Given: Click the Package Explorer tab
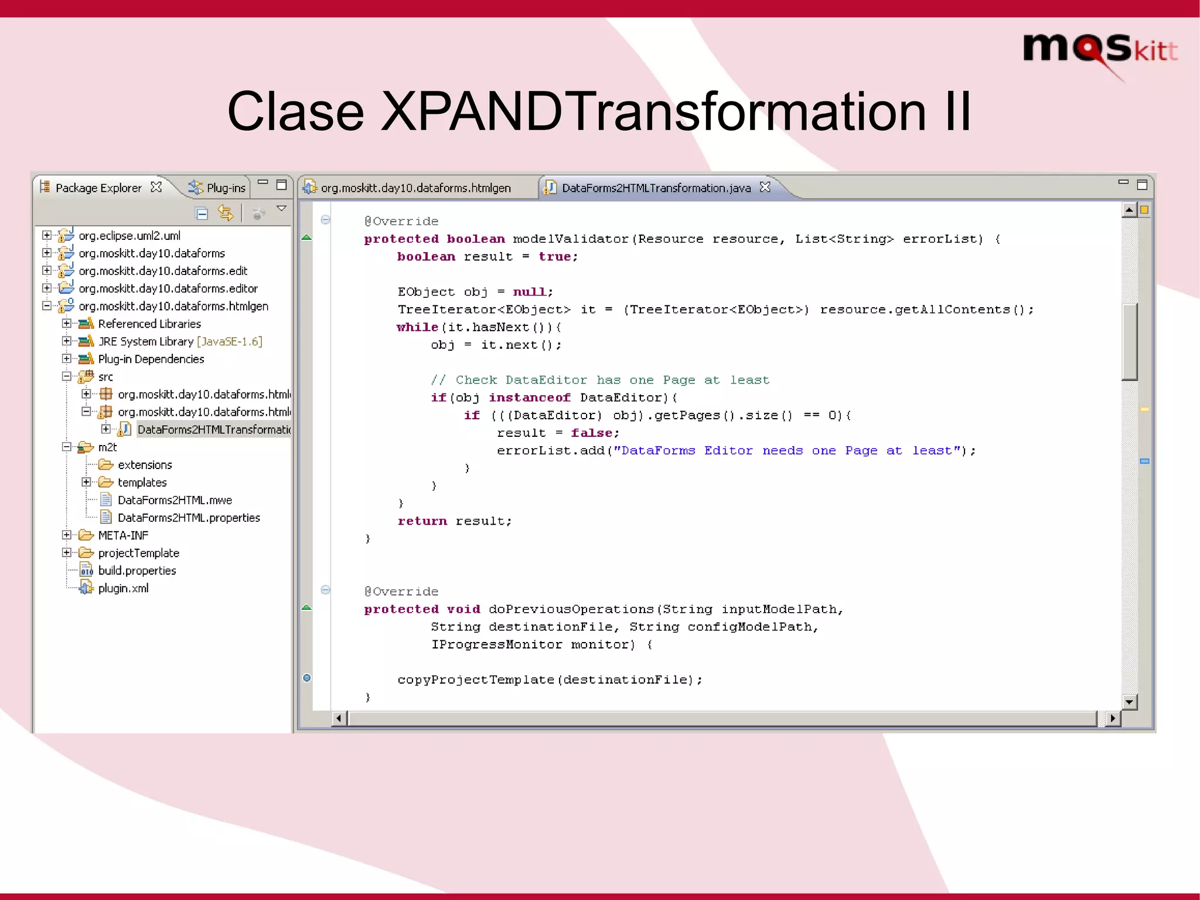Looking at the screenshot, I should pos(98,188).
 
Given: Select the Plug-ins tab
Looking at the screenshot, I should pos(226,188).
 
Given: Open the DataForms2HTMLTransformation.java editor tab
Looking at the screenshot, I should pos(656,188).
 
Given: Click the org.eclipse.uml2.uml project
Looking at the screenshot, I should pos(129,236).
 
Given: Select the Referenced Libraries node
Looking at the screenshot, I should pos(149,324).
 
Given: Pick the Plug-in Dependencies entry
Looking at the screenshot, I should pos(151,359).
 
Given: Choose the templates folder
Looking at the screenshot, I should pos(142,483).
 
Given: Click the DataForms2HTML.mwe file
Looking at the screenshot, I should pos(175,500).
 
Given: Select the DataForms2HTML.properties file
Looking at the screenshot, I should pos(189,518).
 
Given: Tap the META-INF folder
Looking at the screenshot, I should pos(123,535).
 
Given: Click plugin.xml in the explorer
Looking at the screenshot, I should pos(123,588).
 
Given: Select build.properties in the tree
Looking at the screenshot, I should pos(137,570).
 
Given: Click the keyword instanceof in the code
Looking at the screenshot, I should pos(530,398).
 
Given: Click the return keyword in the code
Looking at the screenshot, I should pos(422,521).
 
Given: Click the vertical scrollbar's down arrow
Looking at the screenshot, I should pos(1129,701).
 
